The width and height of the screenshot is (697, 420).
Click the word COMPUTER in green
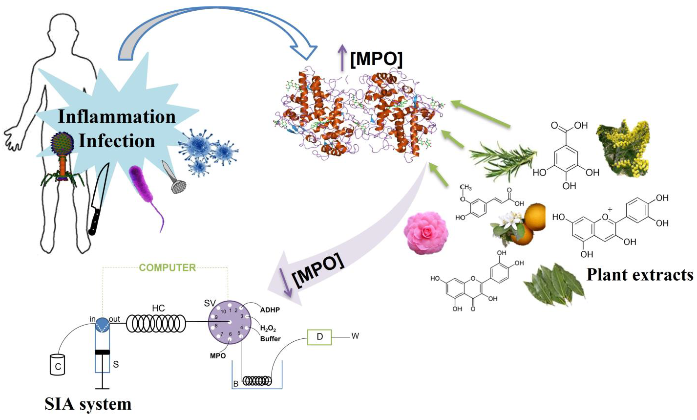click(167, 267)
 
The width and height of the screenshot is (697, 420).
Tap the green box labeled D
click(319, 337)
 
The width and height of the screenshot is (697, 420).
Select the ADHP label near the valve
click(270, 310)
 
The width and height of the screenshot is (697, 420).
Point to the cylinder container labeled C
click(58, 365)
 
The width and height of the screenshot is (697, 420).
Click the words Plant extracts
click(639, 275)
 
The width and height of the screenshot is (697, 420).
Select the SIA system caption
click(88, 404)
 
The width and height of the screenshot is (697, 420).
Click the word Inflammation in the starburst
click(117, 117)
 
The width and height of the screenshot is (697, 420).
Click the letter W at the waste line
click(355, 336)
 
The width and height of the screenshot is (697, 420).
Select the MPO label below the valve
click(218, 355)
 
